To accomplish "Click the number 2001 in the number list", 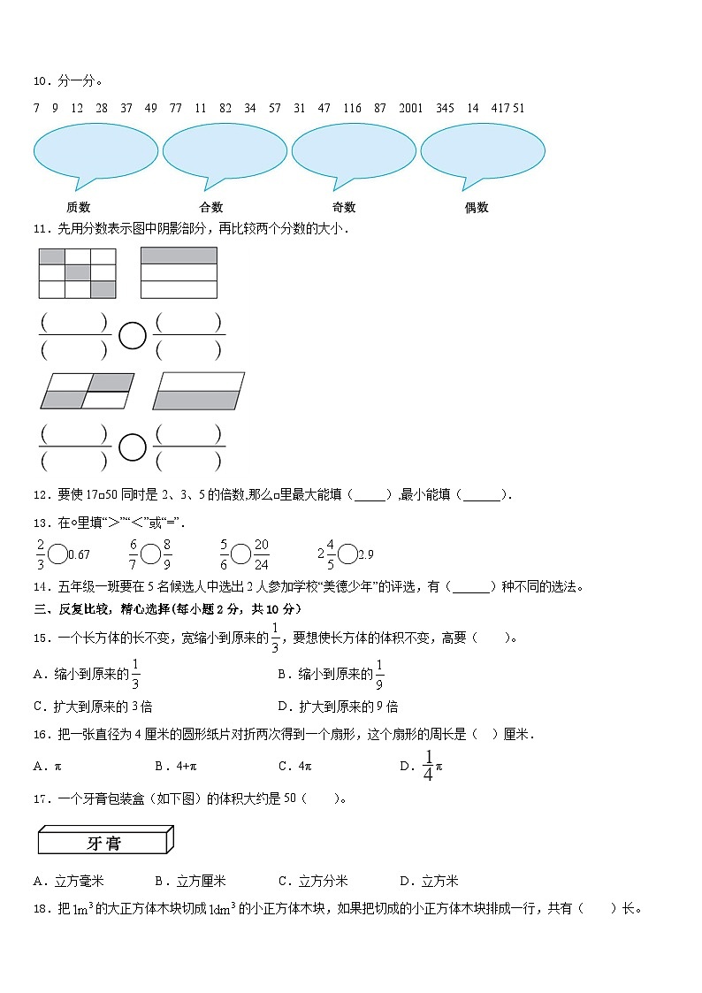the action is [x=411, y=108].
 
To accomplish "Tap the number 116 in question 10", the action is [x=352, y=108].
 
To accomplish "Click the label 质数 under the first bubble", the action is [x=78, y=208].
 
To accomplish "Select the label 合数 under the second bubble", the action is [x=211, y=208].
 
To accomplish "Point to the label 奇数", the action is [x=344, y=208].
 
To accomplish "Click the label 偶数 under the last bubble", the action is [x=477, y=208].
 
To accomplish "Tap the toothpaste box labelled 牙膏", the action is [x=104, y=842].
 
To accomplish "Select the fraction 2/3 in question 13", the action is [x=41, y=554].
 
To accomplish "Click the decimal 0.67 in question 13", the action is [x=79, y=555].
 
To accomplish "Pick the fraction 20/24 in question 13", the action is [x=261, y=554].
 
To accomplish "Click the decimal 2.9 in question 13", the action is [x=365, y=555].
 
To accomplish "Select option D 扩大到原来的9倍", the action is [x=337, y=707].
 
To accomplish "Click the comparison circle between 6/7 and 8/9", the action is [x=150, y=554].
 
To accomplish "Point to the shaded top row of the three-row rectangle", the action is [x=179, y=256].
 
